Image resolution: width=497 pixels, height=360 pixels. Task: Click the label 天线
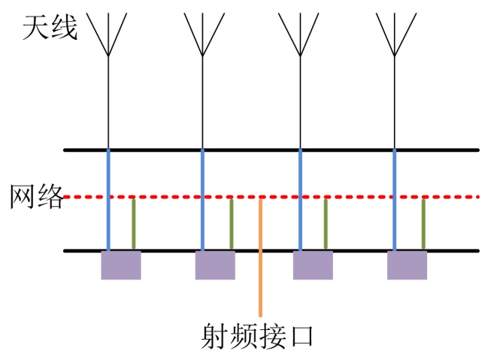pyautogui.click(x=50, y=28)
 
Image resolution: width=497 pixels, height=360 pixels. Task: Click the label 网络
pyautogui.click(x=37, y=196)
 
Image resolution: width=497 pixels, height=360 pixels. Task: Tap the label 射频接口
pyautogui.click(x=257, y=336)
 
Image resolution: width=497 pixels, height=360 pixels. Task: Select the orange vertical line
pyautogui.click(x=261, y=257)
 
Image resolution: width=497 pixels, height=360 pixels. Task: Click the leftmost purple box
pyautogui.click(x=121, y=265)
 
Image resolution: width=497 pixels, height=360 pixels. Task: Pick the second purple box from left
pyautogui.click(x=215, y=265)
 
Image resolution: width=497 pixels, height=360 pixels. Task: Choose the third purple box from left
pyautogui.click(x=313, y=265)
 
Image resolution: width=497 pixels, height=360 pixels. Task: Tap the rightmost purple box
pyautogui.click(x=407, y=265)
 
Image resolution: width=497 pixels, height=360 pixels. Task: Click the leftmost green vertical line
pyautogui.click(x=134, y=224)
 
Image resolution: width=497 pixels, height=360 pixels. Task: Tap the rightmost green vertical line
pyautogui.click(x=423, y=224)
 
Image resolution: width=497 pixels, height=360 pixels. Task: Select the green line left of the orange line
pyautogui.click(x=232, y=224)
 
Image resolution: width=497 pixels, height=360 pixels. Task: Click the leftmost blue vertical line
pyautogui.click(x=108, y=200)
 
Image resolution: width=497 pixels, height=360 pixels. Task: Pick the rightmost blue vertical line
pyautogui.click(x=395, y=200)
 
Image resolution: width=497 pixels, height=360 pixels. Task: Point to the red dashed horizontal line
pyautogui.click(x=271, y=197)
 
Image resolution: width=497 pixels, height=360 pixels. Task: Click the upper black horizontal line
pyautogui.click(x=271, y=150)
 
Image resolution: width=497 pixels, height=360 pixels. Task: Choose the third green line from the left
pyautogui.click(x=326, y=224)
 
